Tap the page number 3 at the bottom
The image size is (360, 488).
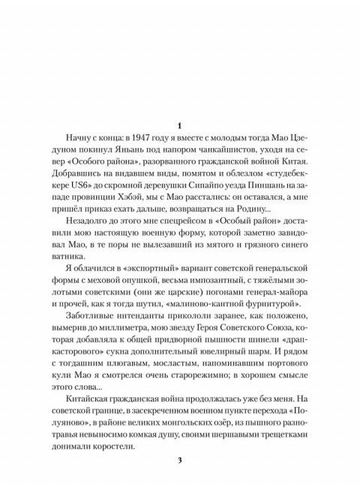point(179,460)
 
